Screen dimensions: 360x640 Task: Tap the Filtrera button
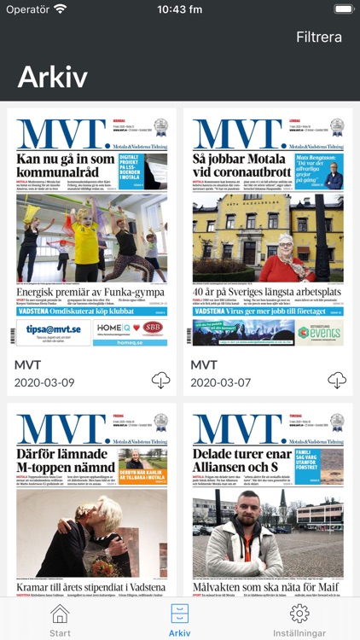pyautogui.click(x=318, y=37)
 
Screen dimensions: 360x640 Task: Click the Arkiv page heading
pyautogui.click(x=53, y=77)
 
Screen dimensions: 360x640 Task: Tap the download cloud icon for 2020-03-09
pyautogui.click(x=161, y=381)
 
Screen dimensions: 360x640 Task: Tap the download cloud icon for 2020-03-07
pyautogui.click(x=337, y=381)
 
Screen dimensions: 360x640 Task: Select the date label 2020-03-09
pyautogui.click(x=44, y=382)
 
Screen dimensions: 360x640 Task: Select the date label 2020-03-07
pyautogui.click(x=220, y=382)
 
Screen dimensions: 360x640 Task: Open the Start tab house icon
pyautogui.click(x=60, y=614)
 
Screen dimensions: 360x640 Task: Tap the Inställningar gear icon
pyautogui.click(x=299, y=614)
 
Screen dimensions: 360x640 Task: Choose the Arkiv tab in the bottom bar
pyautogui.click(x=180, y=619)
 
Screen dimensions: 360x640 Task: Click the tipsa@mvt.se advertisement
pyautogui.click(x=53, y=331)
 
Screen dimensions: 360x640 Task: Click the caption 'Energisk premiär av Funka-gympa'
pyautogui.click(x=91, y=293)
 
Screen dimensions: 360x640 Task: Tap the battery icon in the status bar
pyautogui.click(x=343, y=9)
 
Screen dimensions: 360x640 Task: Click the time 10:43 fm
pyautogui.click(x=180, y=9)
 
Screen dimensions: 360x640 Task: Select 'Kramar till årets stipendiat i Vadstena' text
pyautogui.click(x=91, y=586)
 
